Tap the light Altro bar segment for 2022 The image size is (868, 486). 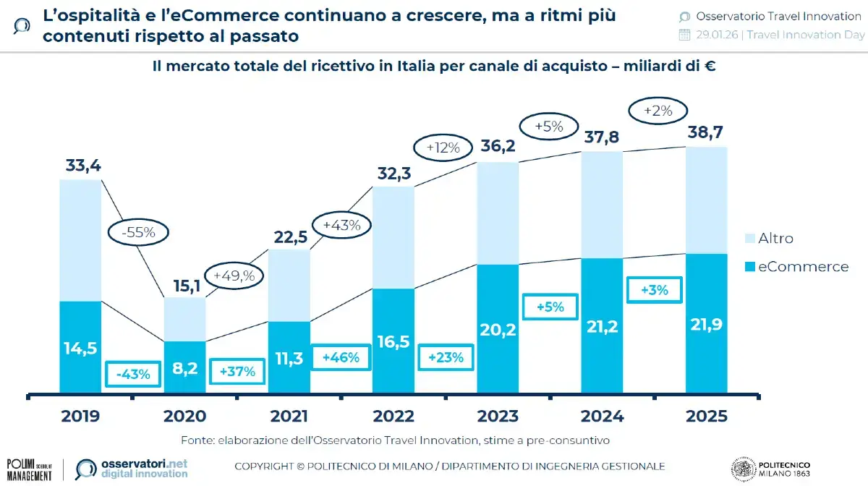(x=393, y=237)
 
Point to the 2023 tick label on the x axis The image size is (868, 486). (x=498, y=417)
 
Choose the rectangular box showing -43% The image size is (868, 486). (x=133, y=374)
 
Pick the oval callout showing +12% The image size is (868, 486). (x=443, y=148)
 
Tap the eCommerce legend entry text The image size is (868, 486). (x=803, y=267)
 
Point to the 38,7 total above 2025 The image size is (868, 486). (x=706, y=133)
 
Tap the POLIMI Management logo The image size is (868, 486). (x=29, y=468)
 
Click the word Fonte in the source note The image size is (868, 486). (x=197, y=440)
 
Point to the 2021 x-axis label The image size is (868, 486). (x=289, y=417)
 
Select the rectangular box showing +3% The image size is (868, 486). (x=654, y=290)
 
